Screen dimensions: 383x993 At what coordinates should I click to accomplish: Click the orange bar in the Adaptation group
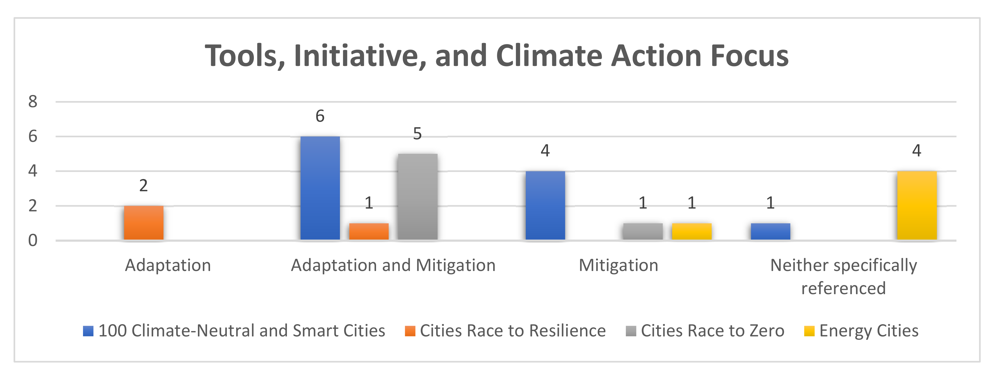point(143,223)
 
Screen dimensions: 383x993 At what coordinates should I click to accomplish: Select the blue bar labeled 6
point(320,188)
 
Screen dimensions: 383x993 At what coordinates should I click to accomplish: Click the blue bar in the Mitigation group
point(545,205)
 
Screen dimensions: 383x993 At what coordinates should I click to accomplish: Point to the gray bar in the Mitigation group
point(643,231)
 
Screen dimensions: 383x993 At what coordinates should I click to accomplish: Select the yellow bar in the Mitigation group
point(692,231)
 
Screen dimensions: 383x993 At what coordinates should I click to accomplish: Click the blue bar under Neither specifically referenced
point(770,231)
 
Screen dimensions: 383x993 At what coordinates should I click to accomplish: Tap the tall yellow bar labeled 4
point(916,205)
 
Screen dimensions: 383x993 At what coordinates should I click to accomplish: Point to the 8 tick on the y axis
point(33,102)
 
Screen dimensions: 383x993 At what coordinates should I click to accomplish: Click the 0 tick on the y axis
point(33,241)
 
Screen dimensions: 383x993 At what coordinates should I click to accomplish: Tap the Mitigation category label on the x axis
point(618,265)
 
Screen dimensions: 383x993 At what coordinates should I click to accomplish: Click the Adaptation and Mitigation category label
point(393,265)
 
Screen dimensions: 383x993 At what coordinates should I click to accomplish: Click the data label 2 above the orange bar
point(143,186)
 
